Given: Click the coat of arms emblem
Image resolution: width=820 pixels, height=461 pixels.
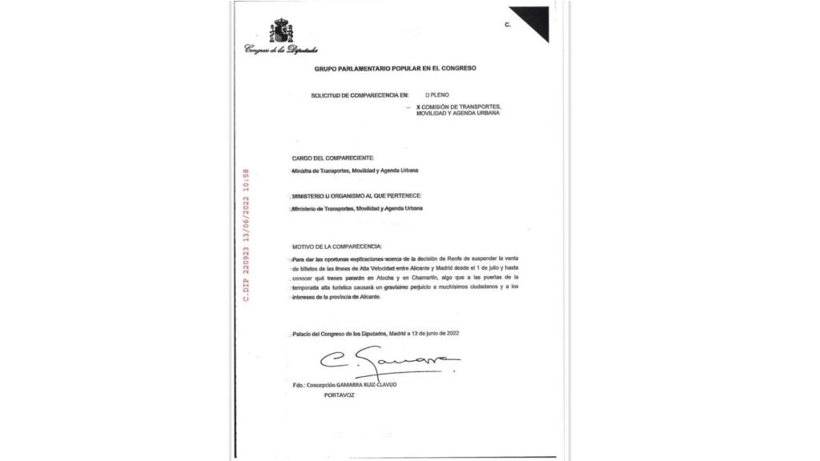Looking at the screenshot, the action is pyautogui.click(x=280, y=31).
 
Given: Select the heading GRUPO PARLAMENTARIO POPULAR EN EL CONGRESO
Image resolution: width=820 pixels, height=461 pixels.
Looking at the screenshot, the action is pyautogui.click(x=395, y=69).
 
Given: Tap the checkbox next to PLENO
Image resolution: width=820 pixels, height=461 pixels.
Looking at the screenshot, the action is pyautogui.click(x=429, y=95).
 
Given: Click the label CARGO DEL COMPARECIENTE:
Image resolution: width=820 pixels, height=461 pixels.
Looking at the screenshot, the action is pyautogui.click(x=332, y=158).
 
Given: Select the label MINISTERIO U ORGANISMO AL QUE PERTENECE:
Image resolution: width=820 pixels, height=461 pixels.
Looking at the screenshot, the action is pyautogui.click(x=356, y=196).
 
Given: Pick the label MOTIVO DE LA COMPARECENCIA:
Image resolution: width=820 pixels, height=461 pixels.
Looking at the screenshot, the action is pyautogui.click(x=337, y=246).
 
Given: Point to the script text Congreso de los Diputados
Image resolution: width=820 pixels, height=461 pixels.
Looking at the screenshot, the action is pyautogui.click(x=280, y=50).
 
